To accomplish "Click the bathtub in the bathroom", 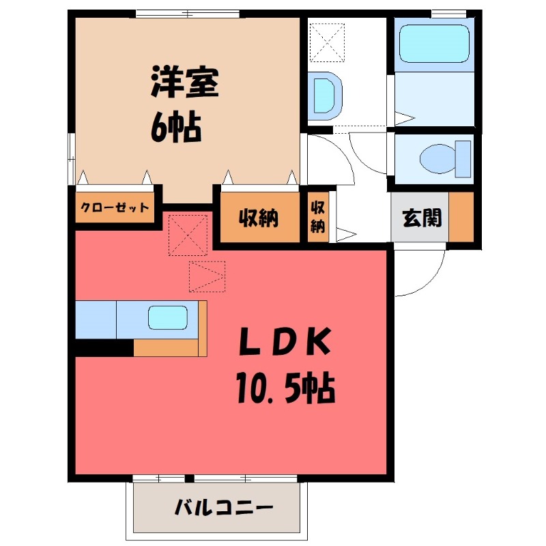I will tap(433, 45).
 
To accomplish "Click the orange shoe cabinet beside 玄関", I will tap(461, 217).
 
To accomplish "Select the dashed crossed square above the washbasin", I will tap(326, 42).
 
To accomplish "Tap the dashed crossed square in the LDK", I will tap(188, 234).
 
